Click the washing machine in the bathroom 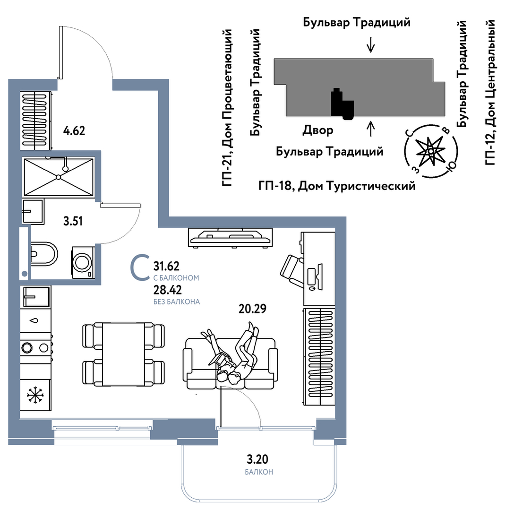[x=83, y=261]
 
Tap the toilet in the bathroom [x=44, y=254]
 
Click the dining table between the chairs [x=123, y=354]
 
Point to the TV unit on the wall [x=231, y=236]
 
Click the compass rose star [x=430, y=152]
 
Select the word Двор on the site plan [x=317, y=130]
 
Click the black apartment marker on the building [x=341, y=104]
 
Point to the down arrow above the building [x=370, y=44]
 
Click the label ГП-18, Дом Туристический [x=337, y=186]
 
